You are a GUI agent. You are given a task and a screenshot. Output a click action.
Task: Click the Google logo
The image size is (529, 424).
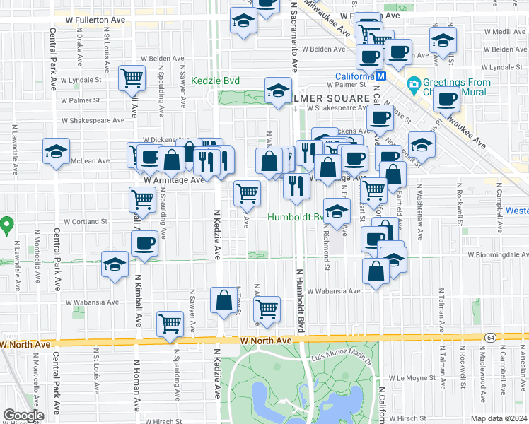point(23,416)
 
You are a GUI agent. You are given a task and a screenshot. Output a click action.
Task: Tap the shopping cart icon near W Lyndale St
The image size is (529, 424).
point(132,78)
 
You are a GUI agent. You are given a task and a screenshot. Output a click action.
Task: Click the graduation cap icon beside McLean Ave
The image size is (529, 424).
point(57,151)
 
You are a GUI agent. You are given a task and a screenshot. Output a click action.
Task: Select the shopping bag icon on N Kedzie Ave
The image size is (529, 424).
point(224,300)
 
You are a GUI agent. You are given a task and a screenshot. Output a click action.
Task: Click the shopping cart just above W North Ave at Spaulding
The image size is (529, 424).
point(170,324)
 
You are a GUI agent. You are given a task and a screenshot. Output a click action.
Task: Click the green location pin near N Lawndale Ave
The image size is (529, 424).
point(6,225)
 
